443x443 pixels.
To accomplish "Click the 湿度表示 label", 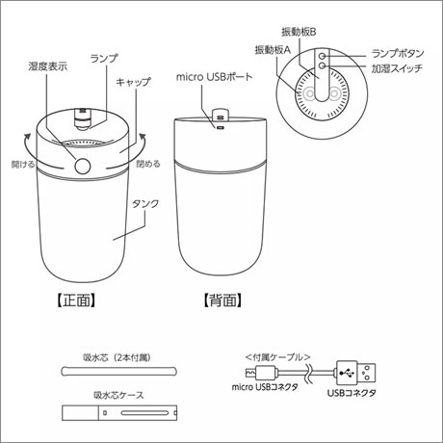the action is coord(48,66).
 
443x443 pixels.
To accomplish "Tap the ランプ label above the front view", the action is coord(104,58).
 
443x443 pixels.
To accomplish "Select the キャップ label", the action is coord(133,82).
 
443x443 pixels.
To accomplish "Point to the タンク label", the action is coord(145,203).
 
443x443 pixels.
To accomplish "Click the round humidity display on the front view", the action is coord(83,166).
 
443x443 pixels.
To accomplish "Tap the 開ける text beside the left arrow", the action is coord(23,165).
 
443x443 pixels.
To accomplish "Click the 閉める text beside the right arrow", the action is coord(148,164).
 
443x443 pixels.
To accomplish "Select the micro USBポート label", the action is coord(215,77).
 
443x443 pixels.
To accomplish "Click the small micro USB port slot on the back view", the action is coord(220,128).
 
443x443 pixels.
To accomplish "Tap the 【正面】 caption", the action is coord(76,300).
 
